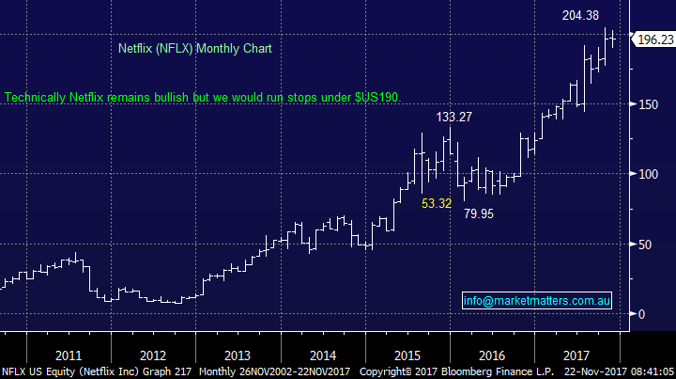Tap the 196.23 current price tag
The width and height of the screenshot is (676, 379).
(654, 39)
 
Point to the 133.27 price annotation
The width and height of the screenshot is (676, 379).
(455, 118)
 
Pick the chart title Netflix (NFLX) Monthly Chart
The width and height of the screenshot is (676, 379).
(195, 48)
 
